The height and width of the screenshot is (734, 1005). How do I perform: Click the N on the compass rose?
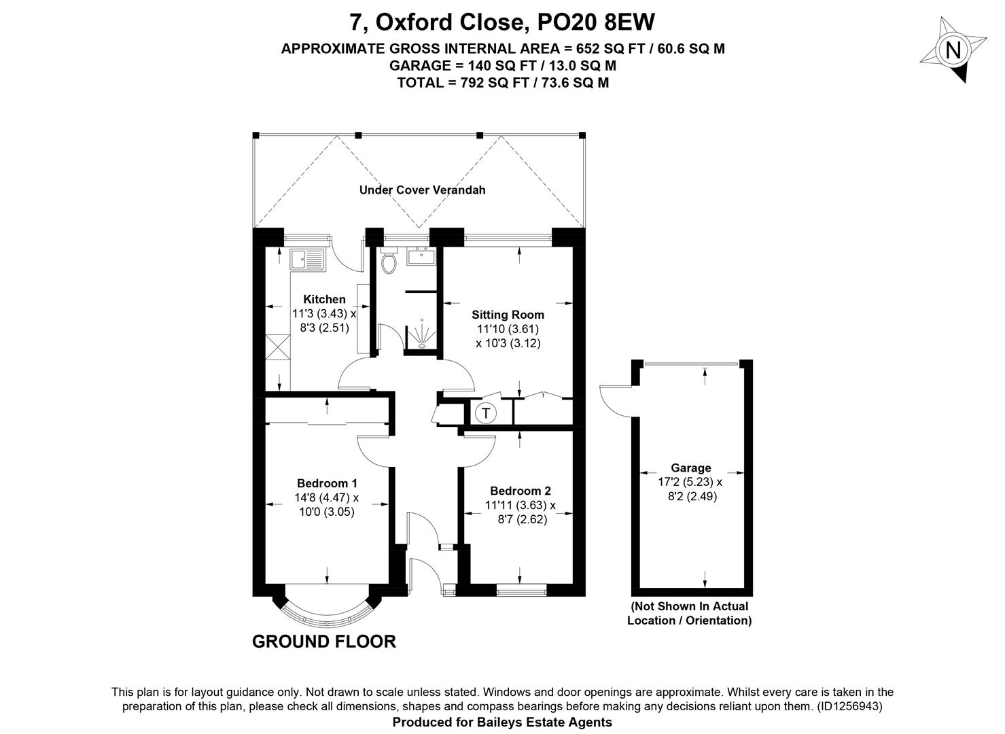[953, 50]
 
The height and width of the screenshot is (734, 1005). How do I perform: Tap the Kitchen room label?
[324, 299]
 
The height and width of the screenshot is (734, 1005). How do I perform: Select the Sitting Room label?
[508, 315]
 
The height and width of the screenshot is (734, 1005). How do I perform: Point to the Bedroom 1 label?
[327, 483]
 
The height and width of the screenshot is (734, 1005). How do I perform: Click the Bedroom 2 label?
[521, 491]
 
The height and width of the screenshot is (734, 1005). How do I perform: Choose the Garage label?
[691, 468]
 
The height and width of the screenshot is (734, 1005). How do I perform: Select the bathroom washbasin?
[421, 256]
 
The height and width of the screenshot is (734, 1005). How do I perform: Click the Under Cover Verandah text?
[422, 190]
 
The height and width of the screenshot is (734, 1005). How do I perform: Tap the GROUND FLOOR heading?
[324, 641]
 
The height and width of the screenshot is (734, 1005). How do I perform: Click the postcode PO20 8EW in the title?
[596, 22]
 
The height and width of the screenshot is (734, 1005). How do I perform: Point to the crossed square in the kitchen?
[278, 347]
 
